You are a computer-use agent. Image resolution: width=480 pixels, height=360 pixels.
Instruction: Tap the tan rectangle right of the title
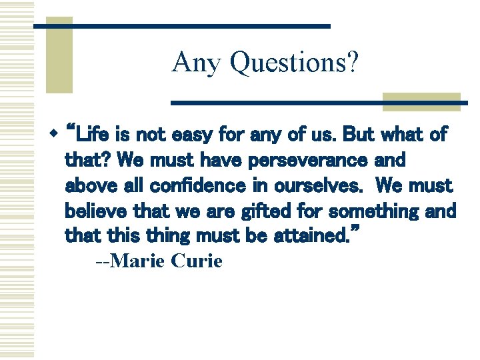click(x=421, y=101)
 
